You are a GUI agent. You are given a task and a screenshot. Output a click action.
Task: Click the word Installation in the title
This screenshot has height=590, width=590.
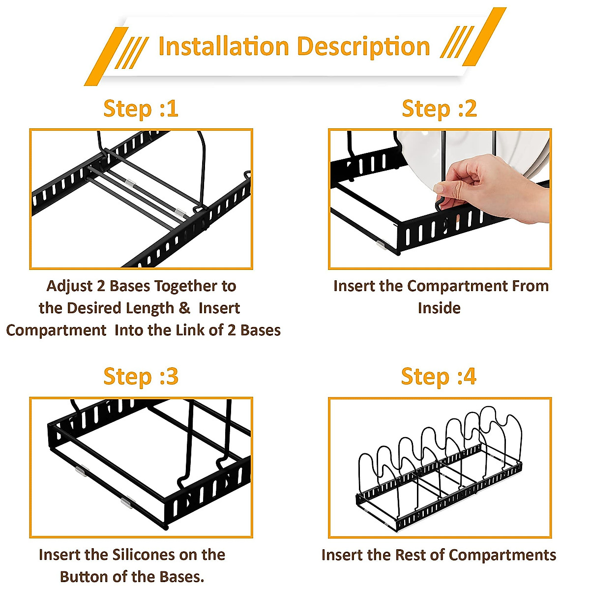tap(224, 46)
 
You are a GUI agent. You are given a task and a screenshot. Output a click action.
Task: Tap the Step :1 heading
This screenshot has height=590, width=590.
tap(141, 109)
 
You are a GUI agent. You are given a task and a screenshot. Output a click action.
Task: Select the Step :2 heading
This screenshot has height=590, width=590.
tap(440, 109)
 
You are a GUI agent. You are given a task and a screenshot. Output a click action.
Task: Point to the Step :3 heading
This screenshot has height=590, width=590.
tap(141, 377)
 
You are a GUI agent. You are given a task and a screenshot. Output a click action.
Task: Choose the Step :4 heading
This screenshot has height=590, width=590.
tap(439, 377)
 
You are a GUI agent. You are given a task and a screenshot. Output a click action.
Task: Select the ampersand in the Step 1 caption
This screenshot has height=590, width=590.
tap(184, 308)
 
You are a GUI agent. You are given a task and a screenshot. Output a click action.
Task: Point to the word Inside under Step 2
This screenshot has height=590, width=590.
tap(439, 308)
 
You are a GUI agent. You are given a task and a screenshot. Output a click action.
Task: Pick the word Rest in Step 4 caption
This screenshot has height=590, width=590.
tap(409, 555)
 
